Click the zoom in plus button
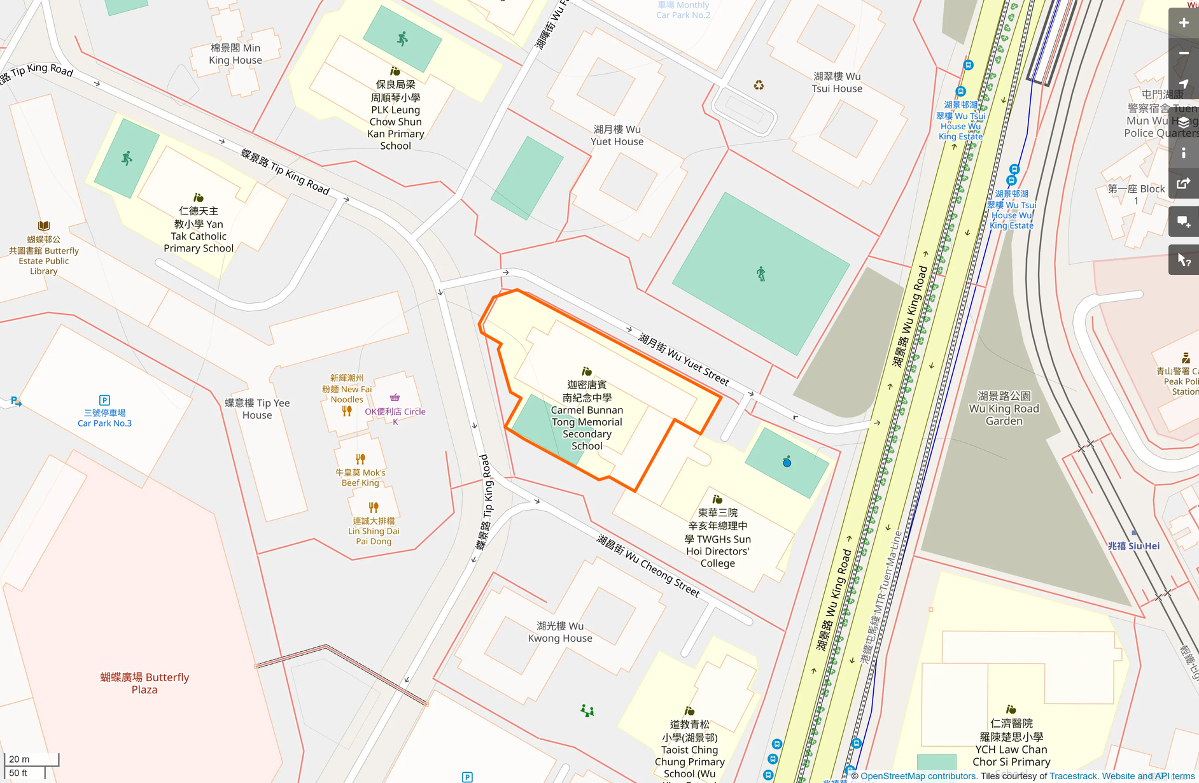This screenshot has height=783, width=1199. [1183, 23]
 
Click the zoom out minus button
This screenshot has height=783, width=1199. [1183, 53]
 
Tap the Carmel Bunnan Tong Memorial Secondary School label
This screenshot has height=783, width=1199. [586, 415]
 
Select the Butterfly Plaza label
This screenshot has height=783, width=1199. [144, 683]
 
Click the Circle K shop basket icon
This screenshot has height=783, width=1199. [395, 397]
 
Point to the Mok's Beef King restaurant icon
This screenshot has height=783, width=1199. [360, 458]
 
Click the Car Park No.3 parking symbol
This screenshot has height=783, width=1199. [104, 400]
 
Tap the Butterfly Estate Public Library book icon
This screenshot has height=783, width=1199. [43, 225]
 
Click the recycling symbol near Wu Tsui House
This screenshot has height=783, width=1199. [759, 85]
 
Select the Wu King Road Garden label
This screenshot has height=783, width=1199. [1004, 408]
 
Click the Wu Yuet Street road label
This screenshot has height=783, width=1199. [684, 360]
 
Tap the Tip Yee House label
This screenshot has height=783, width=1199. [257, 409]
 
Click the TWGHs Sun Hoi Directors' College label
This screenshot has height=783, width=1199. [717, 538]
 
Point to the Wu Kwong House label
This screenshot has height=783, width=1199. [559, 631]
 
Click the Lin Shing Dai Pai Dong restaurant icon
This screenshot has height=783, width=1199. [374, 507]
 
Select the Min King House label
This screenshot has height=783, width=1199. [235, 54]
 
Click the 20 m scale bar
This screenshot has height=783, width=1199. [31, 759]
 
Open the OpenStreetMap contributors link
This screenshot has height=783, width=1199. [918, 776]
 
